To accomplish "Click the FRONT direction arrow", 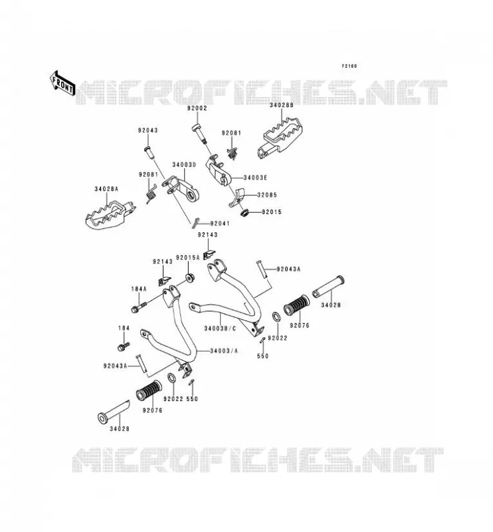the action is pos(62,83).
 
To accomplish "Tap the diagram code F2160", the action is pos(349,66).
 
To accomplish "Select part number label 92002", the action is pos(197,108).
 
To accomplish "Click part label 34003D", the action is pos(184,165).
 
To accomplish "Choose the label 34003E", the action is pos(255,178).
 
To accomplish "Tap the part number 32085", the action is pos(267,195).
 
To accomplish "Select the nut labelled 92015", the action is pos(244,213).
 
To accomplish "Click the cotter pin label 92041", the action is pos(220,223).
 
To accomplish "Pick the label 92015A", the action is pos(188,258).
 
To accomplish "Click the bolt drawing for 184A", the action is pos(139,307).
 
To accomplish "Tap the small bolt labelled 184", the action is pos(124,346).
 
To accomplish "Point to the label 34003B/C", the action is pos(220,329).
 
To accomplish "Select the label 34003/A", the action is pos(224,351).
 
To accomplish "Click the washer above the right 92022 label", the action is pos(276,317).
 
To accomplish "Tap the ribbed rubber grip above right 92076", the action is pos(296,305).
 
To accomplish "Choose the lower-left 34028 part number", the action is pos(120,429).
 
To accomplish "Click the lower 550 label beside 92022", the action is pos(192,399).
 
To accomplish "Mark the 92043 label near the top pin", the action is pos(148,130).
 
